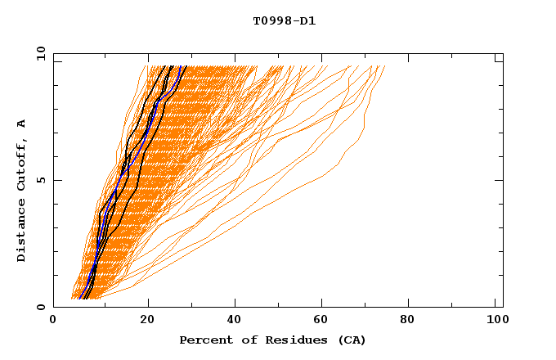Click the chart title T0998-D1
coord(284,21)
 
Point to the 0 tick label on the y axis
coord(40,307)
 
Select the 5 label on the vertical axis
coord(40,180)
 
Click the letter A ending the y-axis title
coord(21,123)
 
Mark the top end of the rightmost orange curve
coord(384,66)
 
